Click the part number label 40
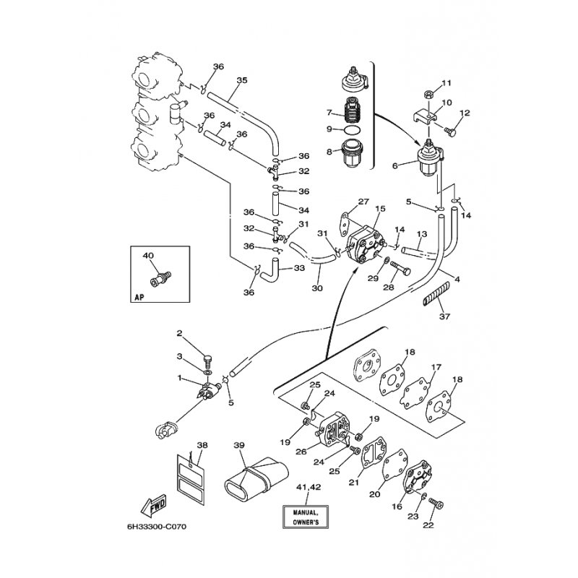tap(149, 256)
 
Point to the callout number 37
tap(444, 316)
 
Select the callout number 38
tap(202, 445)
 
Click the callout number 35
tap(242, 79)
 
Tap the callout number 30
tap(316, 288)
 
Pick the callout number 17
tap(436, 368)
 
